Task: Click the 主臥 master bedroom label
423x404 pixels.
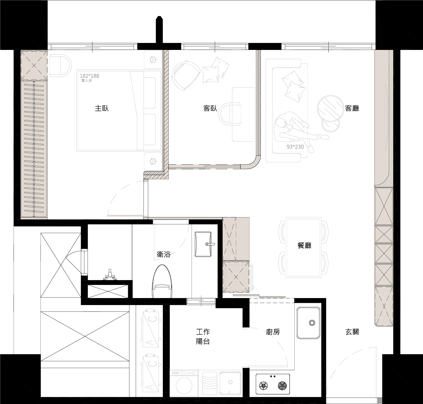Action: pos(102,108)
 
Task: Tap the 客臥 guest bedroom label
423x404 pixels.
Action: pos(210,108)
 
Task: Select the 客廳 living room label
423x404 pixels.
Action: pos(352,108)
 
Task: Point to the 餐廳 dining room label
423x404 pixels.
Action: pos(304,245)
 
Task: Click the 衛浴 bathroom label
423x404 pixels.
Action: pos(164,254)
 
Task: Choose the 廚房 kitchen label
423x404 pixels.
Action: pos(273,332)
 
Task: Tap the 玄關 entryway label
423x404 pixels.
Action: pos(352,332)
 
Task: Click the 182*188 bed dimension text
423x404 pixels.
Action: pos(89,76)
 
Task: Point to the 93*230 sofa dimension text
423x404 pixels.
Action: pos(295,147)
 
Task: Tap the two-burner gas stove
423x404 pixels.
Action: pos(273,384)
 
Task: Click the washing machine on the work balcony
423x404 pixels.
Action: pos(184,383)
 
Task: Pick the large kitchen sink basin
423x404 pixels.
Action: pos(308,323)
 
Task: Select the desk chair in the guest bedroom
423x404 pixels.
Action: pos(230,114)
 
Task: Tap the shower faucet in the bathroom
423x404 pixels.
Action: pos(110,275)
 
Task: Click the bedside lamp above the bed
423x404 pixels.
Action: pos(153,59)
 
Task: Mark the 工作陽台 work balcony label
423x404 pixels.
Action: pos(203,337)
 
